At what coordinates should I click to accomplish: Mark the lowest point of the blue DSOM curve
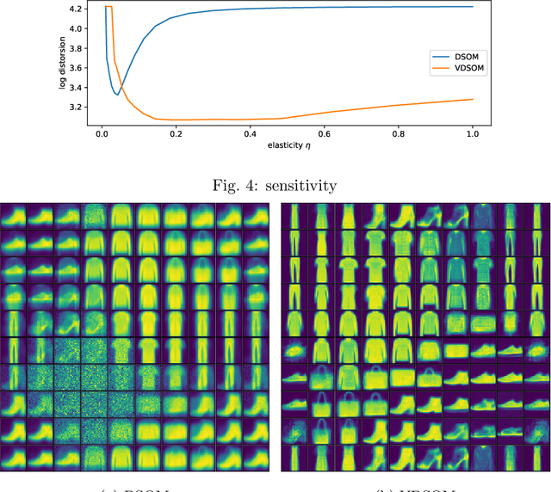click(117, 95)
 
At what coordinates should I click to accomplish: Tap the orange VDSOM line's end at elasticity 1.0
click(472, 99)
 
